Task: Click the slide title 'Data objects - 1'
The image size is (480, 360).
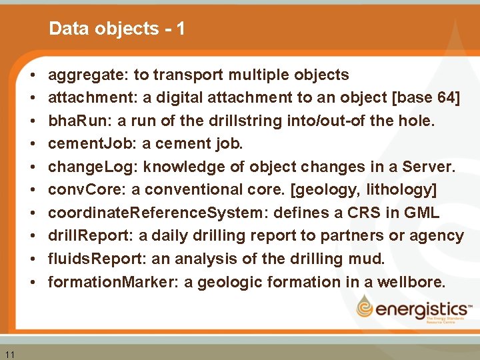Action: tap(117, 29)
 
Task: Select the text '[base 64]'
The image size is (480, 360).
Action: tap(427, 98)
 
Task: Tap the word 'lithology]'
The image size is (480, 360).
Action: tap(404, 190)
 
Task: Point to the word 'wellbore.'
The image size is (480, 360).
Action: tap(411, 282)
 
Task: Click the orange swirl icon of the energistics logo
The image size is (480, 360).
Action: tap(367, 308)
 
